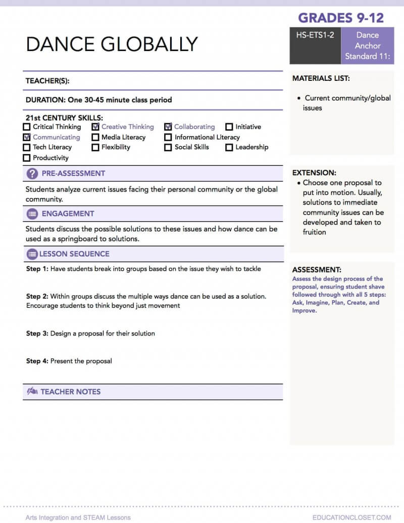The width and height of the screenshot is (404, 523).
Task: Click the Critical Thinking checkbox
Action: [x=27, y=127]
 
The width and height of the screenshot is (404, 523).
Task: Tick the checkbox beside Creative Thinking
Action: [x=95, y=127]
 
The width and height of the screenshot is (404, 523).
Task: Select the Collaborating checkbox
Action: [x=168, y=127]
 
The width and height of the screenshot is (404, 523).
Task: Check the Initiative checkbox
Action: [x=229, y=127]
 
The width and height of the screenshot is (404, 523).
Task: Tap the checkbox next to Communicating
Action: [x=27, y=137]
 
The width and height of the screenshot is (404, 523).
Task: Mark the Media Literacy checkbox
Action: [x=95, y=137]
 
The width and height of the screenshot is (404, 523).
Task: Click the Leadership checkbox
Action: [x=229, y=148]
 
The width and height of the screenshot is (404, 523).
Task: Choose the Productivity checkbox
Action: [x=27, y=158]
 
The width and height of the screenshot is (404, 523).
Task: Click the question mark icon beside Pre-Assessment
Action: [x=32, y=173]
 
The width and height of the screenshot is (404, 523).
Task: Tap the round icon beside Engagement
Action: [x=32, y=214]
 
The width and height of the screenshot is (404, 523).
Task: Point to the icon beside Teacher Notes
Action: [x=32, y=391]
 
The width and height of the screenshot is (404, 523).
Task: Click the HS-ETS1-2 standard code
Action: [x=315, y=35]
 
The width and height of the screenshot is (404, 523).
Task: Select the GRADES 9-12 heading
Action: [x=341, y=18]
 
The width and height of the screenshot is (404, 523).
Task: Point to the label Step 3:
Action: [x=37, y=334]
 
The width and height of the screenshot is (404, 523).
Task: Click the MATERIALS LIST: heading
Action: [x=321, y=78]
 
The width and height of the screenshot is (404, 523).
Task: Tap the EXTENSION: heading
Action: [x=314, y=172]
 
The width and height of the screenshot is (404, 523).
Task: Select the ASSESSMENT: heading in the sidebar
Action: [x=317, y=270]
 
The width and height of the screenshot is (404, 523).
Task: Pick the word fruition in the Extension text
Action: [x=315, y=232]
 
